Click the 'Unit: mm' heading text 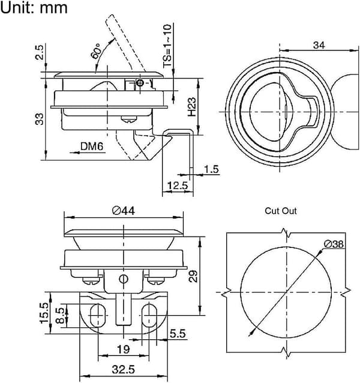(34, 7)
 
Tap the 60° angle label (96, 51)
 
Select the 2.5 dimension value (39, 52)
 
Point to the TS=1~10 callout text (167, 46)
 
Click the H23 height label (192, 107)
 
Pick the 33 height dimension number (39, 119)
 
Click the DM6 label (92, 146)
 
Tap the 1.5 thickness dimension (211, 169)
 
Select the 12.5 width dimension (178, 185)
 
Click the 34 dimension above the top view (319, 45)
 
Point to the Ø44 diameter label (123, 211)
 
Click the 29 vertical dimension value (193, 276)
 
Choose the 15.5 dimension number (44, 313)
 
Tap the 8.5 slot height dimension (60, 316)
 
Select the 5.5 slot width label (178, 334)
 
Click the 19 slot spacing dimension (124, 349)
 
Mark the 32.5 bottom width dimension (124, 369)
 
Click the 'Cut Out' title (281, 211)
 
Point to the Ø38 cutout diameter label (334, 244)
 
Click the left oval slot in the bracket (98, 315)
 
